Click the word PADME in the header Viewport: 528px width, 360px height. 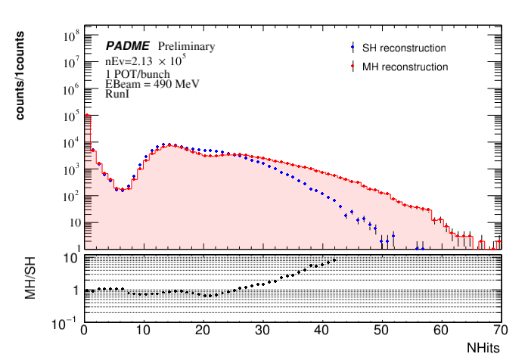[x=130, y=47]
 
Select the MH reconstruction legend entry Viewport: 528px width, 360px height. [x=405, y=67]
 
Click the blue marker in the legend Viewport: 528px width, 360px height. [x=353, y=48]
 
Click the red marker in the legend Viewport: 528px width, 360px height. [x=353, y=67]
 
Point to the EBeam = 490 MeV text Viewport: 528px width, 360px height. [x=151, y=84]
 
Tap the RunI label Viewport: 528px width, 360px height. [x=116, y=94]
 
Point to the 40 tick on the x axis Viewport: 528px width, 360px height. [x=322, y=331]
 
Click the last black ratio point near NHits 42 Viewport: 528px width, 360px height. [x=334, y=259]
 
